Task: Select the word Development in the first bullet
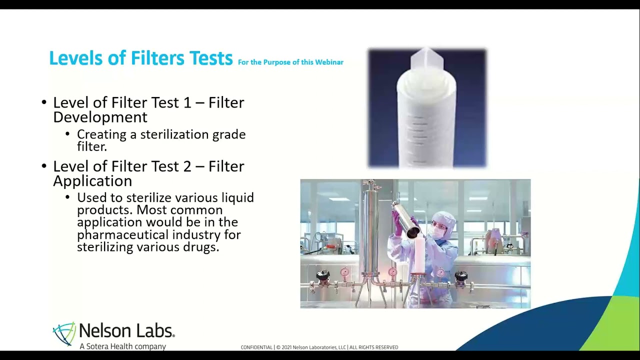click(100, 117)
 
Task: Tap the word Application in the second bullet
click(92, 180)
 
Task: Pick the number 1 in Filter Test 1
click(187, 102)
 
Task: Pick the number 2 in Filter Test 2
click(187, 166)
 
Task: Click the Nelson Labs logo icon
click(64, 333)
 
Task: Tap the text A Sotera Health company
click(122, 346)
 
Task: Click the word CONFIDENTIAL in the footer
click(256, 347)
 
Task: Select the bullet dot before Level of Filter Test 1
click(44, 103)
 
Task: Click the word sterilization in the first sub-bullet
click(168, 134)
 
